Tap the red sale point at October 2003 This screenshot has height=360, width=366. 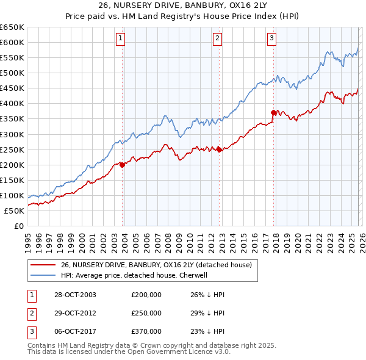coord(123,164)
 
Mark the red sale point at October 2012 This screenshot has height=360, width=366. coord(219,149)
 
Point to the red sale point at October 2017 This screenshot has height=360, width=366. coord(273,112)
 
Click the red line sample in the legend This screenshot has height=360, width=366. coord(43,264)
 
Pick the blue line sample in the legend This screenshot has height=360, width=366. coord(43,275)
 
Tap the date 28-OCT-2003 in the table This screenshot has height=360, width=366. coord(74,295)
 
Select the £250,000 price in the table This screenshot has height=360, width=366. coord(146,313)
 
